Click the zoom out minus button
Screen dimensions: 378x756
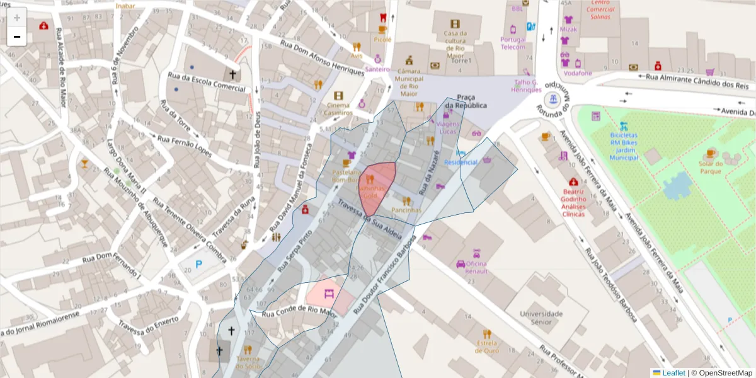17,37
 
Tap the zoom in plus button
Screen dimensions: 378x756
17,17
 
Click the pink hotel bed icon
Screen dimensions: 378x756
329,293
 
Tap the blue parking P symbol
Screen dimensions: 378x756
199,265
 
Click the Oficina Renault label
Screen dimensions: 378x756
476,267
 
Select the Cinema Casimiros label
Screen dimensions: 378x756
338,109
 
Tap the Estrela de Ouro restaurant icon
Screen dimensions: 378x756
486,334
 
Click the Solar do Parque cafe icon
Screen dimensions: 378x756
711,153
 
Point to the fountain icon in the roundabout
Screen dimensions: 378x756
553,99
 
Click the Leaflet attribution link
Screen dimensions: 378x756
673,372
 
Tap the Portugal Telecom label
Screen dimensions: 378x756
513,43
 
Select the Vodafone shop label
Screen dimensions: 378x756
578,73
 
